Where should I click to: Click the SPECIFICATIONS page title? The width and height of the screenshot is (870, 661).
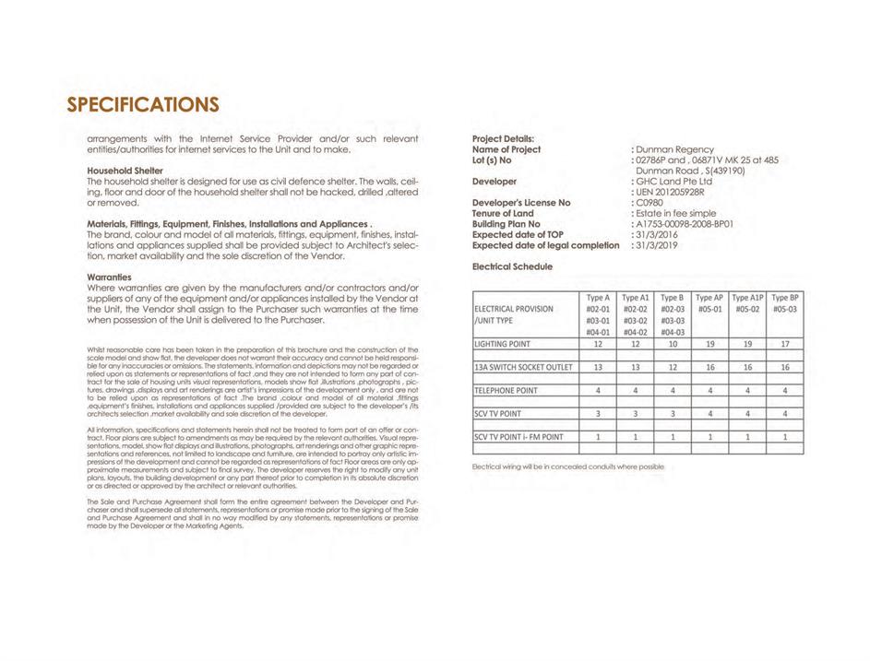tap(143, 103)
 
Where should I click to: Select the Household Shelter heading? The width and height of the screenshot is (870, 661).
tap(125, 171)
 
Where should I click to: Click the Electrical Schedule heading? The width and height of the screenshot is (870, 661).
tap(512, 266)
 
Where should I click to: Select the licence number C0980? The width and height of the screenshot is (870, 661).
tap(650, 203)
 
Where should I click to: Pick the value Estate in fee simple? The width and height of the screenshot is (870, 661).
tap(676, 213)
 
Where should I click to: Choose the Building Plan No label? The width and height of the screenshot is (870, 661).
tap(506, 224)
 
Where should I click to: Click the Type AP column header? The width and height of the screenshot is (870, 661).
tap(709, 298)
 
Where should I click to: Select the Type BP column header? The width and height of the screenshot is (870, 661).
tap(784, 298)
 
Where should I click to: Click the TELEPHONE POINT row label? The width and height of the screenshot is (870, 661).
tap(507, 390)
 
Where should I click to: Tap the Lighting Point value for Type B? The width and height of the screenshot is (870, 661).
tap(673, 344)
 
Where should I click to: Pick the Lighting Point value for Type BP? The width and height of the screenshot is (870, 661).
tap(784, 344)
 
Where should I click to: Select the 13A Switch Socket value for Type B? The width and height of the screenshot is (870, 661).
tap(673, 367)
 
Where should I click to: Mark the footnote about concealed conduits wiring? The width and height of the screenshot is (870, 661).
tap(567, 466)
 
